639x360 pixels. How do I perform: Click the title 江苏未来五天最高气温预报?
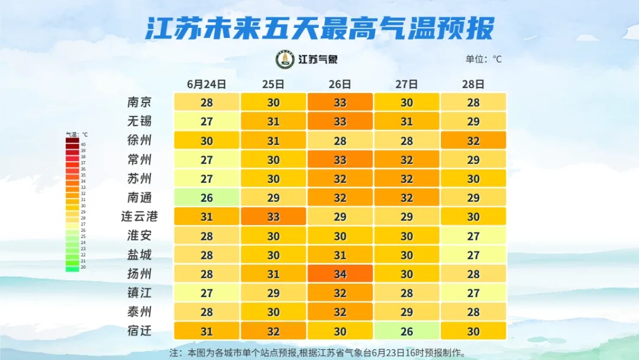pyautogui.click(x=319, y=27)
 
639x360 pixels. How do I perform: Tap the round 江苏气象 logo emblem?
pyautogui.click(x=285, y=59)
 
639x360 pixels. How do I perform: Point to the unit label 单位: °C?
pyautogui.click(x=483, y=59)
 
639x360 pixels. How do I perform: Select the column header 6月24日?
pyautogui.click(x=206, y=84)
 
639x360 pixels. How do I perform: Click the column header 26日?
pyautogui.click(x=340, y=84)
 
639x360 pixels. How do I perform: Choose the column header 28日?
pyautogui.click(x=473, y=84)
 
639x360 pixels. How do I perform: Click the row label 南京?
pyautogui.click(x=140, y=102)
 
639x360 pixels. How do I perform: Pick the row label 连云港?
pyautogui.click(x=140, y=217)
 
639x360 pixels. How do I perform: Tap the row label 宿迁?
pyautogui.click(x=140, y=331)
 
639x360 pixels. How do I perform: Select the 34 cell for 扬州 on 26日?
pyautogui.click(x=340, y=274)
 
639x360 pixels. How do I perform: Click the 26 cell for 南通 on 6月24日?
pyautogui.click(x=206, y=198)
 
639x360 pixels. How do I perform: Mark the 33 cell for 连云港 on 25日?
pyautogui.click(x=273, y=217)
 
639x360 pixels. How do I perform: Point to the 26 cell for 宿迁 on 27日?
pyautogui.click(x=407, y=331)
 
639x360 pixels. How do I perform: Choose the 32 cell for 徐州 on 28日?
pyautogui.click(x=473, y=141)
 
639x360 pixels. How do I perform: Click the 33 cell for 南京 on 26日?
pyautogui.click(x=340, y=102)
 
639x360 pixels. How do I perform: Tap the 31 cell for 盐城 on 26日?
pyautogui.click(x=340, y=255)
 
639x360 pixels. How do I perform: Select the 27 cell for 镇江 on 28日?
pyautogui.click(x=473, y=293)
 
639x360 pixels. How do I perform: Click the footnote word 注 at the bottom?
pyautogui.click(x=174, y=353)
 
